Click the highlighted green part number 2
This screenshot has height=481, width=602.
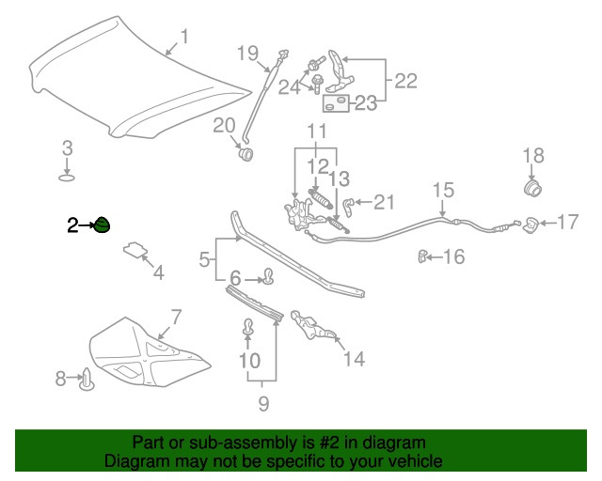102,225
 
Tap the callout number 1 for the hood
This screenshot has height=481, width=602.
184,37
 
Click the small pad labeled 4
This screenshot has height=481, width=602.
135,249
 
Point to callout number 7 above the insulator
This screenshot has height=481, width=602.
175,317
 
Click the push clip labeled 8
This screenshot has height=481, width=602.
90,379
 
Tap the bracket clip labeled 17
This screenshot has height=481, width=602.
531,225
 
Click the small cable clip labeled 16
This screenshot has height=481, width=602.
424,255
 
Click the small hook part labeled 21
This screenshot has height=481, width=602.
348,203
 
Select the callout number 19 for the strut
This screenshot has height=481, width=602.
246,52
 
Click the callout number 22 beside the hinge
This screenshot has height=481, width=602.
405,80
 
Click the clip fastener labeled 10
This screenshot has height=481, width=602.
249,328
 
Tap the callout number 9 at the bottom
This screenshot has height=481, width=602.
263,404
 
